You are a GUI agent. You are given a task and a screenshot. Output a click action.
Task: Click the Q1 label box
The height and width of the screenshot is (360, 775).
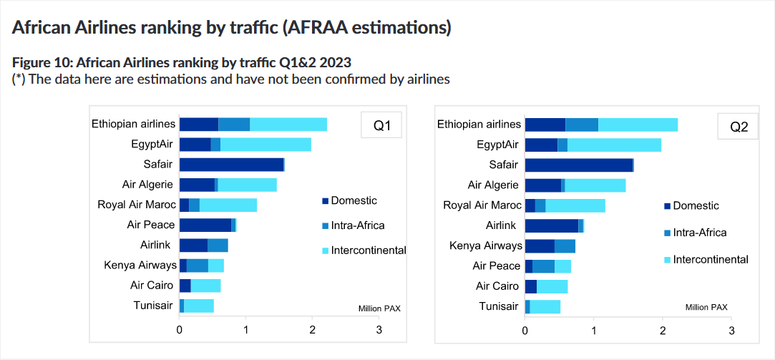click(381, 127)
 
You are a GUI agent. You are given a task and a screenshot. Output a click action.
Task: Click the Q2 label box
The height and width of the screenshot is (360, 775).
click(738, 127)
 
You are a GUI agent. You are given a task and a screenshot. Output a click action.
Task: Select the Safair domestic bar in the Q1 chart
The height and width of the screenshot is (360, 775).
click(231, 165)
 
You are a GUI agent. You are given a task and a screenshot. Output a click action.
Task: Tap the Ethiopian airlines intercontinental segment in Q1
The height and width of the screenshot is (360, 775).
click(288, 125)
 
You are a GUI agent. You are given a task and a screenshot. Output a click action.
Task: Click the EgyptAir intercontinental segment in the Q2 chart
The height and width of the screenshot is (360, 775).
click(614, 145)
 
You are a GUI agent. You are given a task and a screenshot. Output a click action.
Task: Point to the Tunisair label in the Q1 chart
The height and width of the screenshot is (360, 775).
click(153, 306)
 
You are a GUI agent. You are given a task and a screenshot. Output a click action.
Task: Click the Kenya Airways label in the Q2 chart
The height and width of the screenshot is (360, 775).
click(484, 246)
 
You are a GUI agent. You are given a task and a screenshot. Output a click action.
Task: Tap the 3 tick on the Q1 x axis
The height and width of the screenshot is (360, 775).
click(379, 330)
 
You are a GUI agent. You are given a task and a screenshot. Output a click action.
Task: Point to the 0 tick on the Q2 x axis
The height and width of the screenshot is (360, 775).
click(525, 331)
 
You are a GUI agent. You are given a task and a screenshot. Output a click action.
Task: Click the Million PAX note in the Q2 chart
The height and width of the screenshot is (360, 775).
click(706, 307)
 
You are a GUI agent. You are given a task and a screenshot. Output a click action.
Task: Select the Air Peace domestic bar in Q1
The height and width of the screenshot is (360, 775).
click(205, 225)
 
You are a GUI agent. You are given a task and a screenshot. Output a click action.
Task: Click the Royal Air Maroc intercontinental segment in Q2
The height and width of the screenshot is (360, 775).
click(575, 206)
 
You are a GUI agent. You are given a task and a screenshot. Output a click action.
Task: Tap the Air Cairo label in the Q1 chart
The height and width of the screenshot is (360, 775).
click(152, 286)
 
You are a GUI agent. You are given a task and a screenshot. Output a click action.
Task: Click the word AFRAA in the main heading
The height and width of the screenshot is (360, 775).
click(310, 28)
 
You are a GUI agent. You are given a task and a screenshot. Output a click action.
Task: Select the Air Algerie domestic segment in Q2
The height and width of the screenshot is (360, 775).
click(542, 185)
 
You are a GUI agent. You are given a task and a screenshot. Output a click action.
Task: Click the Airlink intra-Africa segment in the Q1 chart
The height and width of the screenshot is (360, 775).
click(218, 245)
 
